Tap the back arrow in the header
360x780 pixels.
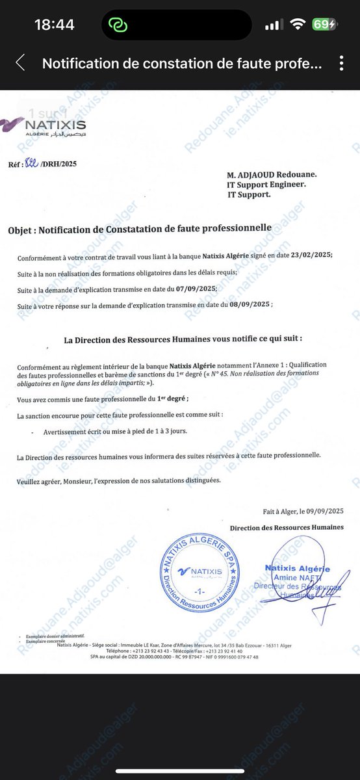point(20,63)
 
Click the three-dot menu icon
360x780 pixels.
point(342,64)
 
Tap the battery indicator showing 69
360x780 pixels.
point(324,25)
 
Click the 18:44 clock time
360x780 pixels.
point(55,25)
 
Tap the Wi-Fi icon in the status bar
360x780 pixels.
point(298,25)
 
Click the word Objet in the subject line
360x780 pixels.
point(24,229)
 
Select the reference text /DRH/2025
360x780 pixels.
point(58,164)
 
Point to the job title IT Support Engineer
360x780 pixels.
point(266,184)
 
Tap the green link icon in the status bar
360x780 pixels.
point(118,25)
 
